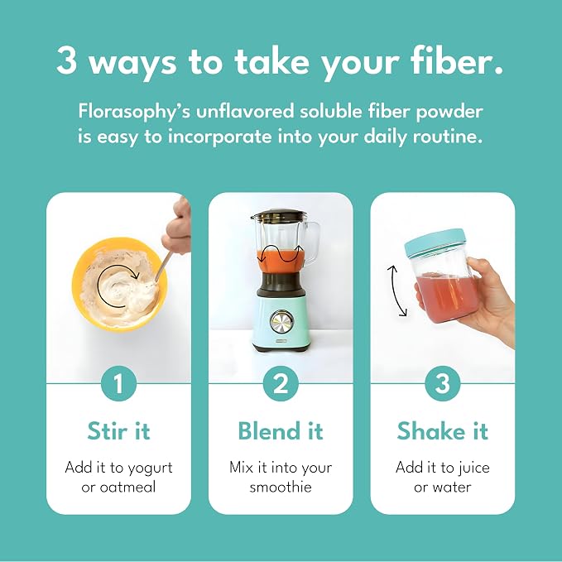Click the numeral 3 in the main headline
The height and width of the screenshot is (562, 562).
pyautogui.click(x=66, y=60)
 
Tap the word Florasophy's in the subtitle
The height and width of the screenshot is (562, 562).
pyautogui.click(x=134, y=113)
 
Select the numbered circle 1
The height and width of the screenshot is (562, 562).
pyautogui.click(x=118, y=383)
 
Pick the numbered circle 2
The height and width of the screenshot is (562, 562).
pyautogui.click(x=281, y=383)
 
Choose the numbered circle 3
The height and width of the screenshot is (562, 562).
pyautogui.click(x=443, y=383)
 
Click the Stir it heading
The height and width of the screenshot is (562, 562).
pyautogui.click(x=118, y=430)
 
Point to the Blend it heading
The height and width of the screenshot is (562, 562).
pyautogui.click(x=281, y=430)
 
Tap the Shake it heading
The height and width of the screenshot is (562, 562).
pyautogui.click(x=443, y=430)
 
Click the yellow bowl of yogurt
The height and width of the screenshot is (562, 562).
pyautogui.click(x=119, y=284)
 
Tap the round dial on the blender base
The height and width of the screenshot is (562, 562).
pyautogui.click(x=281, y=321)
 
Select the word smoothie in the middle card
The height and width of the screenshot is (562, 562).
pyautogui.click(x=281, y=487)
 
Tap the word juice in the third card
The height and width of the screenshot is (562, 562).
pyautogui.click(x=471, y=468)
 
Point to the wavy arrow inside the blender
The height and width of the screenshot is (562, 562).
pyautogui.click(x=281, y=253)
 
